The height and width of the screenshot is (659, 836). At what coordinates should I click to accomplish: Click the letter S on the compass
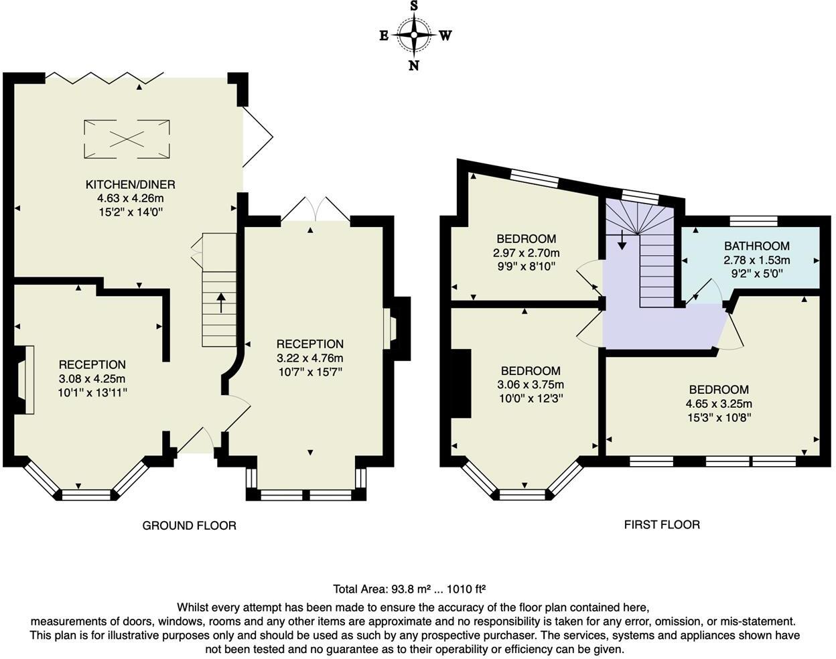[414, 6]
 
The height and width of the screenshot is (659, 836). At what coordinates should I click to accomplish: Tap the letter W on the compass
[445, 35]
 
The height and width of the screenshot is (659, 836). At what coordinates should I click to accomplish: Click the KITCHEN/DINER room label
[130, 184]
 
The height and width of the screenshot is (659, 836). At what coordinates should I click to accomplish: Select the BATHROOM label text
[756, 246]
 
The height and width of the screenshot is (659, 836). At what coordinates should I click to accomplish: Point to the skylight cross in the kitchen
[127, 139]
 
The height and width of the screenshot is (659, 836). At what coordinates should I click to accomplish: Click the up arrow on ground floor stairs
[221, 303]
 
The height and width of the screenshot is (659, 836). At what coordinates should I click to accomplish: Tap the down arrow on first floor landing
[622, 240]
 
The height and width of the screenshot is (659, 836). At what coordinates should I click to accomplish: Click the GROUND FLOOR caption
[189, 526]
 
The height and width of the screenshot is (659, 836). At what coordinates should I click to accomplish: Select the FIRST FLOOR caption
[662, 524]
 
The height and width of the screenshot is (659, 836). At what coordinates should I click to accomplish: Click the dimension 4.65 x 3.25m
[719, 403]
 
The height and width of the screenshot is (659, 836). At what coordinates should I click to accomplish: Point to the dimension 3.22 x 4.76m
[309, 358]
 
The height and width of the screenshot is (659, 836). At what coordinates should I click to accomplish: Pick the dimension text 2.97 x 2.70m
[526, 252]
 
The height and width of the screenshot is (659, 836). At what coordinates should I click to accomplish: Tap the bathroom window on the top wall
[754, 221]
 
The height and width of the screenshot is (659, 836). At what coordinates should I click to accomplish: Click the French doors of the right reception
[316, 210]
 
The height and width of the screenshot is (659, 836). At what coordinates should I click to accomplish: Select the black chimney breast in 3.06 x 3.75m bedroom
[461, 384]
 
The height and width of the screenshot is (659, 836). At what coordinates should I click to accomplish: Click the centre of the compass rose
[414, 35]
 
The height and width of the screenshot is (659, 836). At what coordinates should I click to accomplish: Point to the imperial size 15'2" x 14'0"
[130, 212]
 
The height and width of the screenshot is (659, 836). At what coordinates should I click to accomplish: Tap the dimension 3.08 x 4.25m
[92, 378]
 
